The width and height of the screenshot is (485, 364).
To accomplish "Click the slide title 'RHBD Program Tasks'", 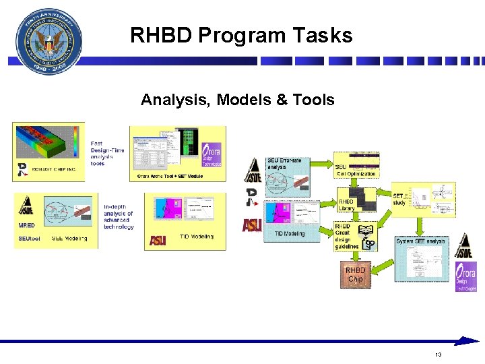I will [241, 35].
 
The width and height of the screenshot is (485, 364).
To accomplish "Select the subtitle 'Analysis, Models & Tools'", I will [237, 100].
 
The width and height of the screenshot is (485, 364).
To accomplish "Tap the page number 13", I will [438, 355].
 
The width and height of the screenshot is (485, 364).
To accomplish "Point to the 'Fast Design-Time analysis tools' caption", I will [106, 153].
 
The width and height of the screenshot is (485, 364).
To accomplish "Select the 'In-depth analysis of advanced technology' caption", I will [119, 217].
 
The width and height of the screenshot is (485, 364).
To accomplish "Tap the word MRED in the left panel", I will [27, 225].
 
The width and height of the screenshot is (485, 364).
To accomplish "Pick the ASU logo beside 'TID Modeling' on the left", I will [158, 240].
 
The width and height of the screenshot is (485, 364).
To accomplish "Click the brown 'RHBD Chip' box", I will [355, 274].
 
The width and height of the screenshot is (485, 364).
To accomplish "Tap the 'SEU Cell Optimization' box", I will [357, 166].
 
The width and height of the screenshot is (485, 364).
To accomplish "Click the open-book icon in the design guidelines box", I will [366, 231].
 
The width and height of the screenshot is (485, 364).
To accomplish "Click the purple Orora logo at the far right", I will [465, 276].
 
